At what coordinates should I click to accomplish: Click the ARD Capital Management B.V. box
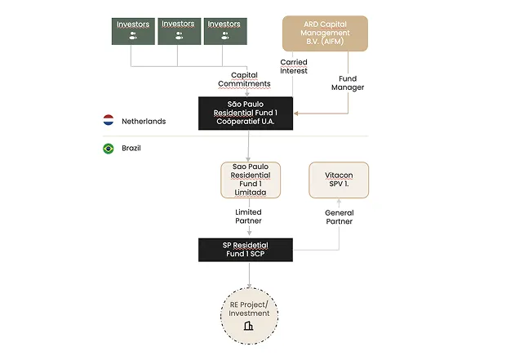(x=325, y=33)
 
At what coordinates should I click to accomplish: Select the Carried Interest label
(x=293, y=66)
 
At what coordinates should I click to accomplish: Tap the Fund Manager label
(x=348, y=83)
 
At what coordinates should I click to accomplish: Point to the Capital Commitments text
(x=243, y=79)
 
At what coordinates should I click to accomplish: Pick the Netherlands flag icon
(x=108, y=121)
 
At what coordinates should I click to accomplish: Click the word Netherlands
(x=144, y=121)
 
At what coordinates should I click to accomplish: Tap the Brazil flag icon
(x=108, y=149)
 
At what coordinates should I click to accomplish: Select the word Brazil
(x=133, y=149)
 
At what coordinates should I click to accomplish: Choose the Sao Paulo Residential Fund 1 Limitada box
(x=251, y=180)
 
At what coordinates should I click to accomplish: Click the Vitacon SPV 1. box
(x=339, y=180)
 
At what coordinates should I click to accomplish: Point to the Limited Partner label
(x=250, y=217)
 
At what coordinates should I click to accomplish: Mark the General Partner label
(x=339, y=217)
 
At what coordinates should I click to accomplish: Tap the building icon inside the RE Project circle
(x=250, y=327)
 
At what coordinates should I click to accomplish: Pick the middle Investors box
(x=178, y=30)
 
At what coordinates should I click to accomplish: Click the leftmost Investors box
(x=133, y=30)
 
